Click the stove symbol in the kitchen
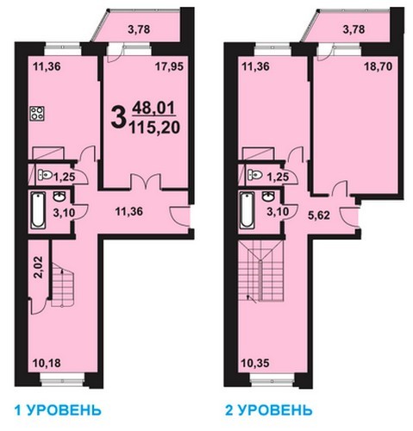tap(37, 113)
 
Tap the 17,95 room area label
tap(169, 66)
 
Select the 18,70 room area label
tap(379, 66)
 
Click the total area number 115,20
tap(154, 128)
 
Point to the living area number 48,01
tap(153, 109)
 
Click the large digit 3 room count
tap(119, 116)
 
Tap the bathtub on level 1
tap(38, 210)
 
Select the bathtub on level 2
tap(247, 210)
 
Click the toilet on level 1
tap(45, 174)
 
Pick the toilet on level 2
tap(255, 174)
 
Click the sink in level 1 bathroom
tap(59, 197)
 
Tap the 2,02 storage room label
tap(38, 267)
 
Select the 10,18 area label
tap(47, 363)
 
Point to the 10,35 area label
tap(255, 363)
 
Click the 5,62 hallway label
tap(319, 215)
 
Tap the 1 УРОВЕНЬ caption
tap(58, 410)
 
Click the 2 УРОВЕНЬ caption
tap(269, 410)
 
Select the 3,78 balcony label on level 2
tap(354, 29)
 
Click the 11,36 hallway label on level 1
tap(129, 212)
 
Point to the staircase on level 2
tap(260, 271)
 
